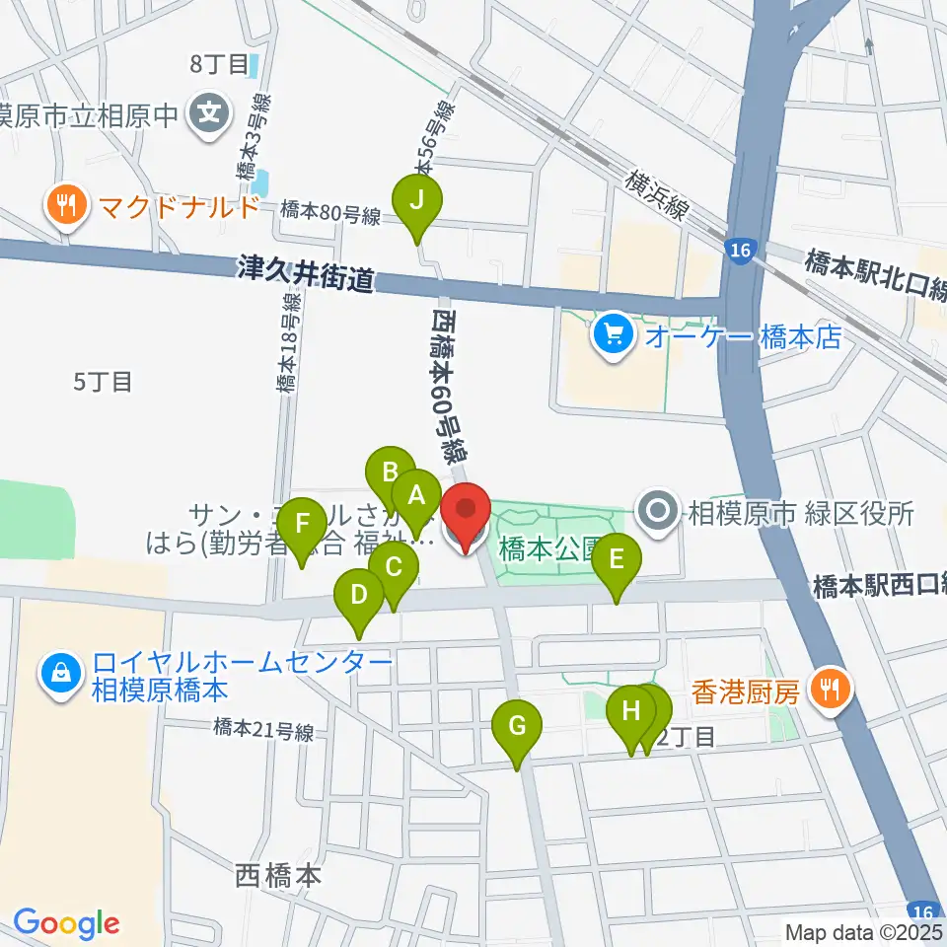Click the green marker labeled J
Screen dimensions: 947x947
pyautogui.click(x=417, y=202)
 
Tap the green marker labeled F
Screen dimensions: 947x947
pyautogui.click(x=303, y=524)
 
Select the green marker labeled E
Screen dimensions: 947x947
pyautogui.click(x=617, y=560)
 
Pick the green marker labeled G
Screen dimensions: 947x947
pyautogui.click(x=517, y=728)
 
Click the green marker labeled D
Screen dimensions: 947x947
pyautogui.click(x=358, y=596)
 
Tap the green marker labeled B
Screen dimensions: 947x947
pyautogui.click(x=390, y=472)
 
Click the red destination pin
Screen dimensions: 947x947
pyautogui.click(x=466, y=512)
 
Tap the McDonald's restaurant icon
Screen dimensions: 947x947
pyautogui.click(x=66, y=207)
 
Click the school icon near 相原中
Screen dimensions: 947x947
pyautogui.click(x=209, y=114)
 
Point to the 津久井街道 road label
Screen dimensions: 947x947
pyautogui.click(x=306, y=273)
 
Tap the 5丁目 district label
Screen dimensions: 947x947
pyautogui.click(x=103, y=381)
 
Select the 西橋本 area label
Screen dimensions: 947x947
pyautogui.click(x=278, y=875)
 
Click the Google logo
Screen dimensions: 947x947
pyautogui.click(x=66, y=924)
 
